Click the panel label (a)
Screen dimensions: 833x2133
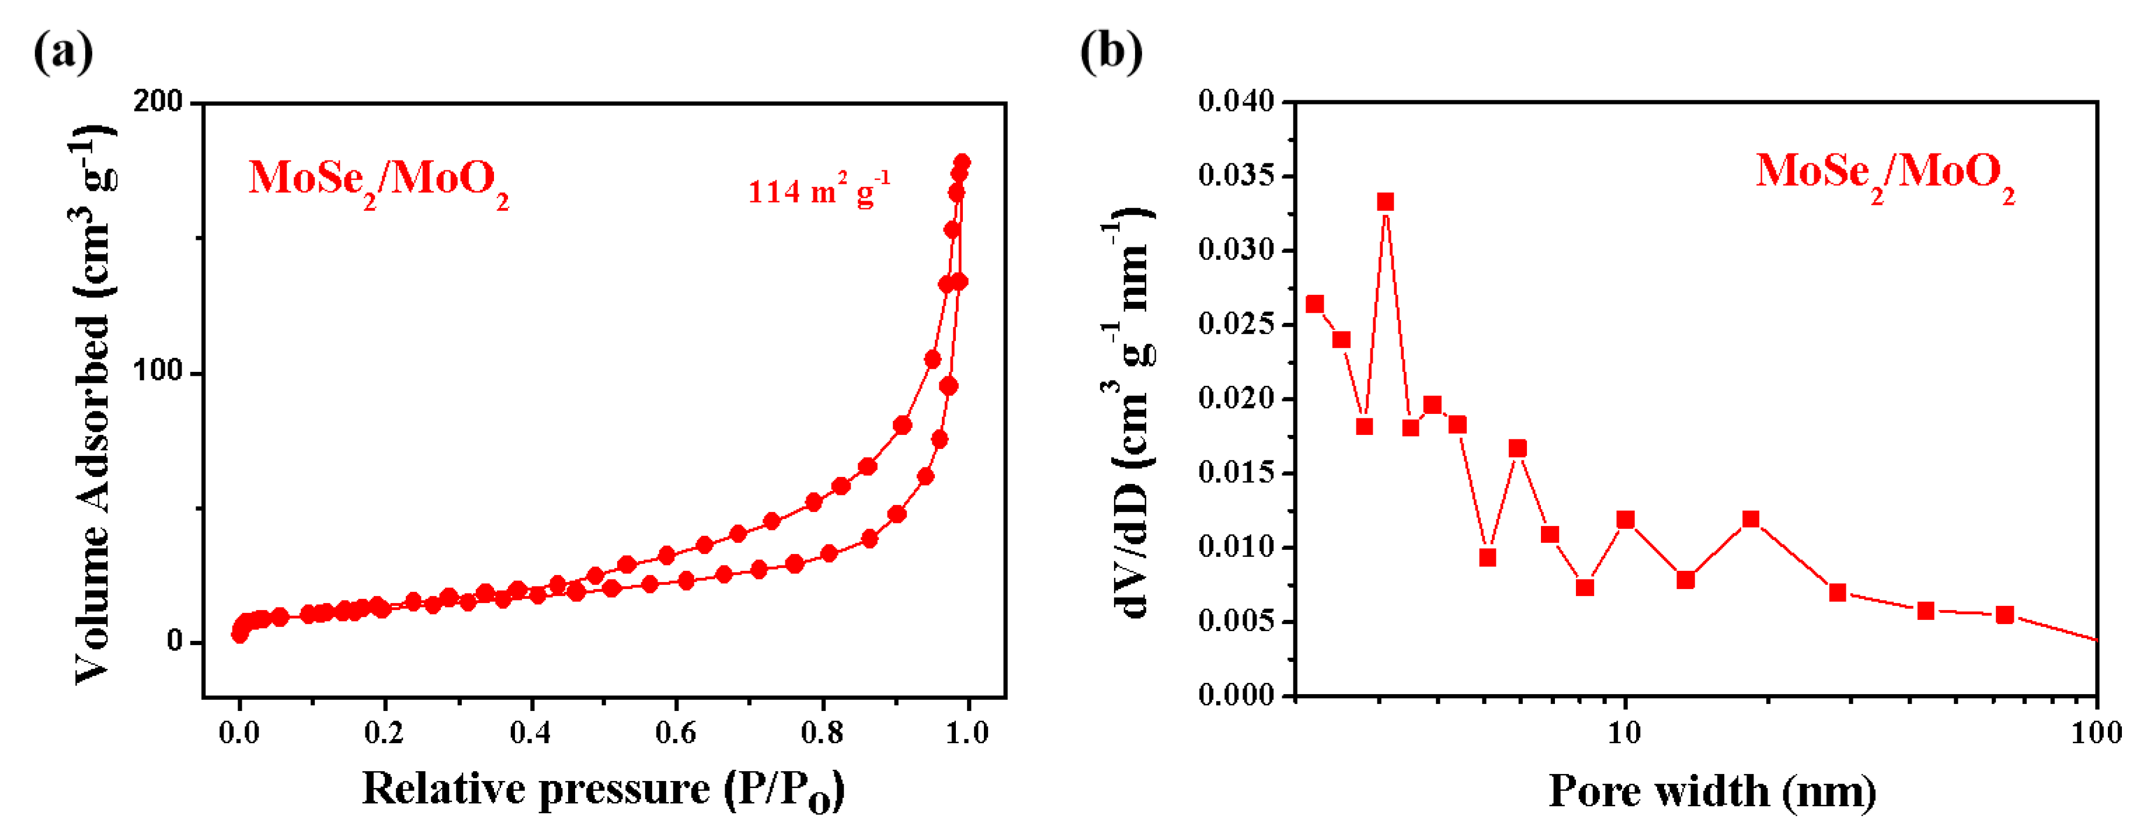[x=63, y=51]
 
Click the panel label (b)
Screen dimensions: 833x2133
[x=1111, y=51]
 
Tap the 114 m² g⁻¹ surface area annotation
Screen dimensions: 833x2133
[x=819, y=191]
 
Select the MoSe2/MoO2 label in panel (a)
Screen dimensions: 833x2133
[x=378, y=180]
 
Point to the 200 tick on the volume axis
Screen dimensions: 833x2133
[x=158, y=102]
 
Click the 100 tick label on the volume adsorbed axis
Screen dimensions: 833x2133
[x=158, y=372]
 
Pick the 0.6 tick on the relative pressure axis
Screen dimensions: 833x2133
[x=676, y=733]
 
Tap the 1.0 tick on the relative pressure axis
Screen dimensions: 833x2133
[x=967, y=733]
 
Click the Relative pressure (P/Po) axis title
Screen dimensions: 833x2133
[x=603, y=789]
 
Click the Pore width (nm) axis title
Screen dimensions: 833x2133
[x=1713, y=791]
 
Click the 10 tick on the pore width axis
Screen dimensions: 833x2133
[x=1624, y=733]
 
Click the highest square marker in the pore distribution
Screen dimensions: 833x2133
[x=1385, y=202]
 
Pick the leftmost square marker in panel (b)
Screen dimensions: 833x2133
[x=1315, y=304]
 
